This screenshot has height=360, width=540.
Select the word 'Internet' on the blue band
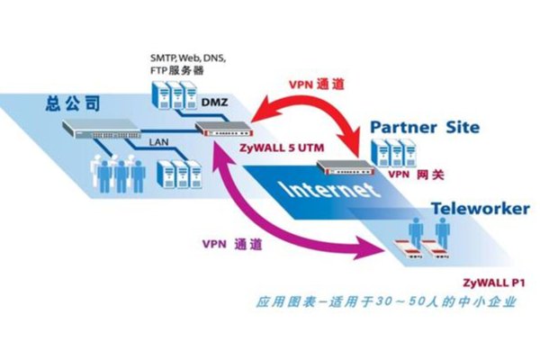tap(325, 192)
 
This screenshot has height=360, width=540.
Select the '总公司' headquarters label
tap(68, 104)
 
